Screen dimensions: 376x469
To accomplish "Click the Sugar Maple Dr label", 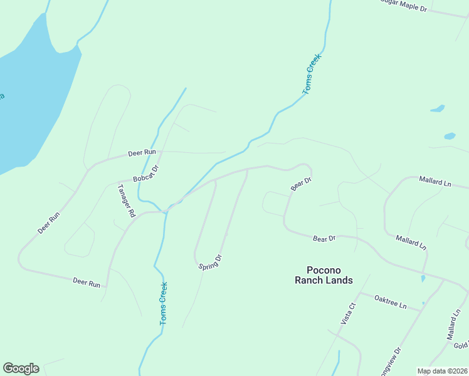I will [x=413, y=8].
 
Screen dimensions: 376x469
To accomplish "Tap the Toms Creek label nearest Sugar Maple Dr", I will [x=312, y=75].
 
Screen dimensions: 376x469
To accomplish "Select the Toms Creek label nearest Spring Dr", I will [x=163, y=303].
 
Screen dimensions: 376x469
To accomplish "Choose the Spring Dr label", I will [x=211, y=262].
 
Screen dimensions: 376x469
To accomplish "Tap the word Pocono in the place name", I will [x=324, y=269].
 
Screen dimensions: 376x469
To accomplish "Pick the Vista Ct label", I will [x=348, y=313].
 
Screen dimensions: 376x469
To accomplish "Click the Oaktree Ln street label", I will [x=391, y=303].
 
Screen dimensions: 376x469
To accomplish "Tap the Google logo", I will [x=21, y=368].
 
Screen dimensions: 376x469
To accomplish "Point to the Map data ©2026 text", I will [x=442, y=371].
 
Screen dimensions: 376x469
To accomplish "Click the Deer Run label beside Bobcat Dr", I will [x=141, y=152].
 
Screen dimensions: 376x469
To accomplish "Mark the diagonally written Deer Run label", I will [x=48, y=223].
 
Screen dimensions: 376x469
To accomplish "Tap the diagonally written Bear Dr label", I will [x=302, y=184].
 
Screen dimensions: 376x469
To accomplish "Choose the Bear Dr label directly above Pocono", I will [x=324, y=239].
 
